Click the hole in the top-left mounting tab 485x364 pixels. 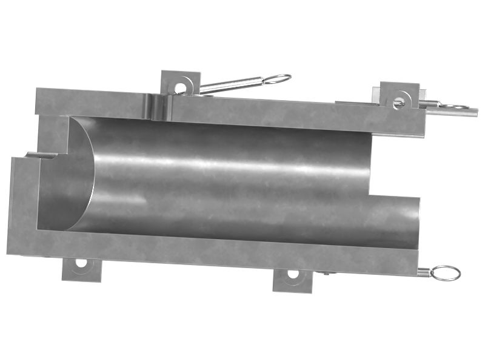[180, 87]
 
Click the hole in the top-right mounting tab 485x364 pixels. [399, 103]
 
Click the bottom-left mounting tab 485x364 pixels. [81, 269]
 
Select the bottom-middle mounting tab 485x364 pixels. [292, 280]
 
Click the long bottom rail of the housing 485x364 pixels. [212, 252]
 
